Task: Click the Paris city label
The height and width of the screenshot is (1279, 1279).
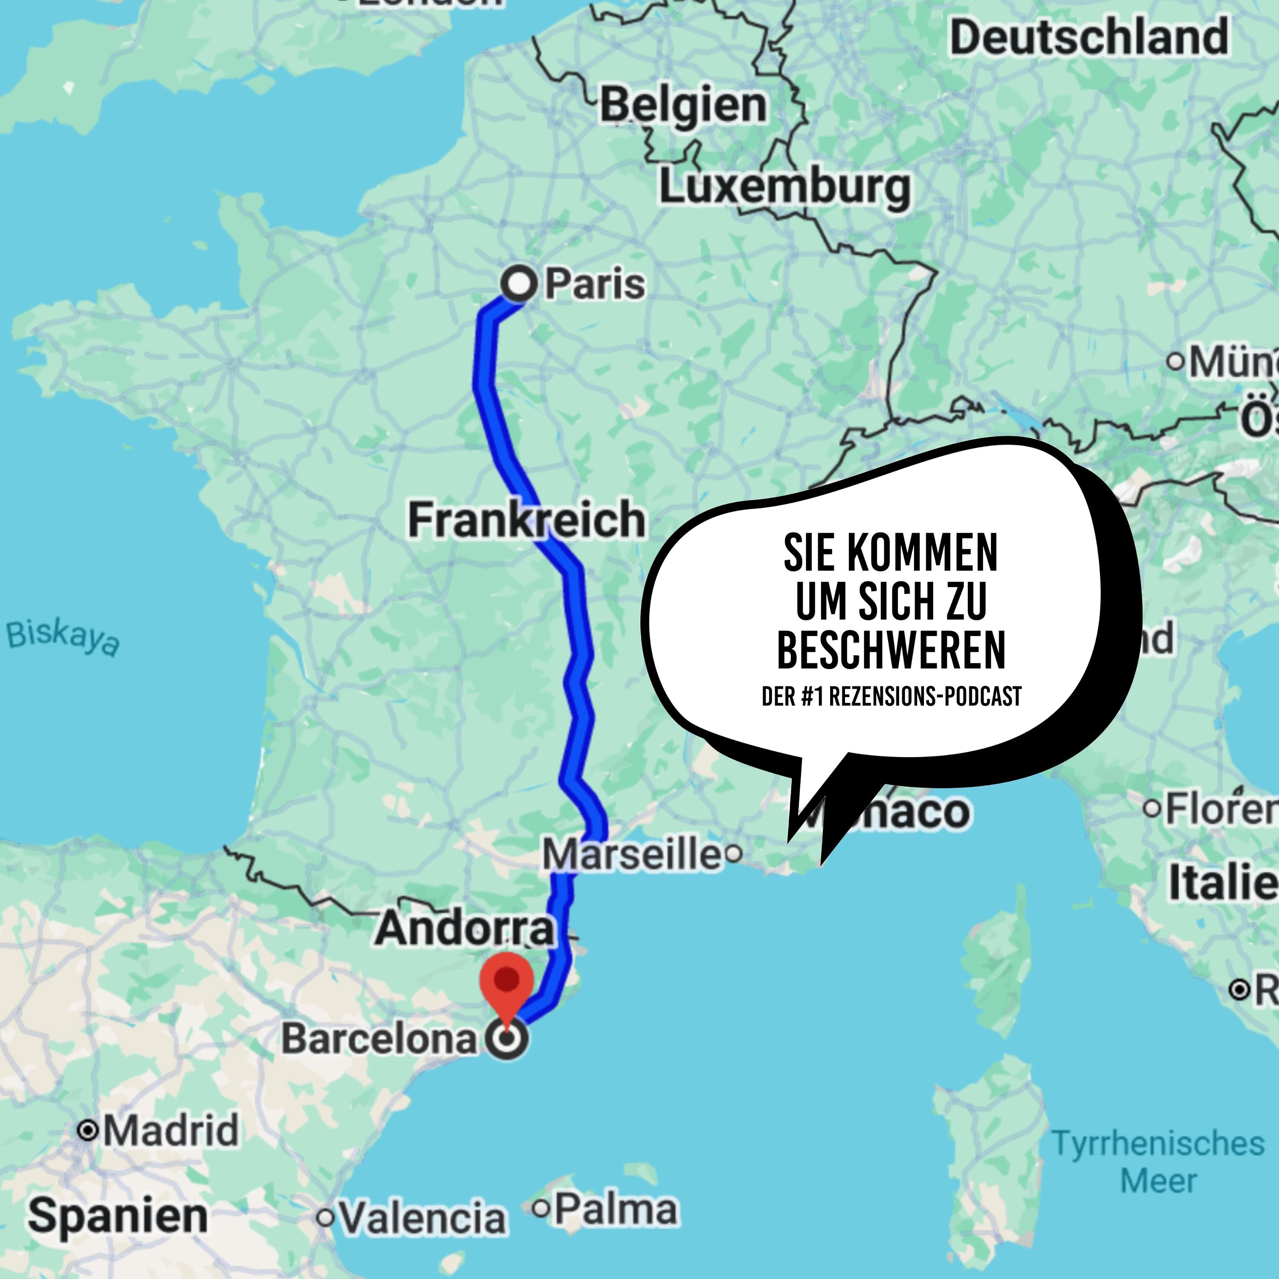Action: click(x=594, y=285)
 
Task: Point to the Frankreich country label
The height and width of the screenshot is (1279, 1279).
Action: click(x=526, y=520)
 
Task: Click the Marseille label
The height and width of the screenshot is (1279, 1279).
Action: click(x=632, y=854)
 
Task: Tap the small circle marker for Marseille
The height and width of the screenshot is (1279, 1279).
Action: click(x=733, y=854)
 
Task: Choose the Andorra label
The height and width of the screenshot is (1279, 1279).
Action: click(x=465, y=929)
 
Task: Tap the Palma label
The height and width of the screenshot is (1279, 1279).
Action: click(x=616, y=1210)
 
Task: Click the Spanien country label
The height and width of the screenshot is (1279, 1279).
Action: click(x=118, y=1216)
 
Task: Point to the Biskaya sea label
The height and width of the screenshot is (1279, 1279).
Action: click(x=64, y=637)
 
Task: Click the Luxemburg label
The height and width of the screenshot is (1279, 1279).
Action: click(x=784, y=187)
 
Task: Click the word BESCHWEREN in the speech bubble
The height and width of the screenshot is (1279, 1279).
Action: click(x=891, y=650)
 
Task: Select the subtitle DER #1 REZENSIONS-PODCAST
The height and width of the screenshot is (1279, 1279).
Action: click(x=891, y=697)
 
